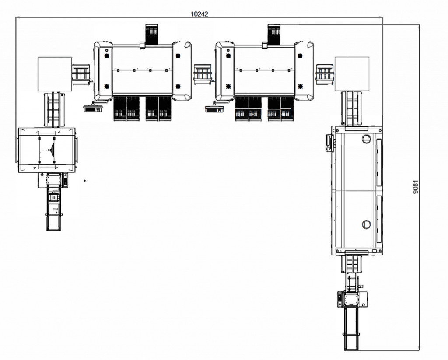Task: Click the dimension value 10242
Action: click(199, 14)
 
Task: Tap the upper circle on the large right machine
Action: click(366, 139)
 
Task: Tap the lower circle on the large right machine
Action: click(366, 224)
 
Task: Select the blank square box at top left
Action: click(55, 74)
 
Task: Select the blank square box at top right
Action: click(352, 74)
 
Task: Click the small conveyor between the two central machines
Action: click(203, 73)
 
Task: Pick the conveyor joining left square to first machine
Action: click(81, 73)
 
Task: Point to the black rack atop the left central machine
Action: click(151, 35)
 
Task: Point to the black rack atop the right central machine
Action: click(274, 35)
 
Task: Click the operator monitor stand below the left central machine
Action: click(92, 107)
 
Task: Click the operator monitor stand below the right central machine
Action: click(214, 107)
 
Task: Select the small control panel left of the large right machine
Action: click(328, 142)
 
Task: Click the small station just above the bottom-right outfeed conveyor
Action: click(352, 299)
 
